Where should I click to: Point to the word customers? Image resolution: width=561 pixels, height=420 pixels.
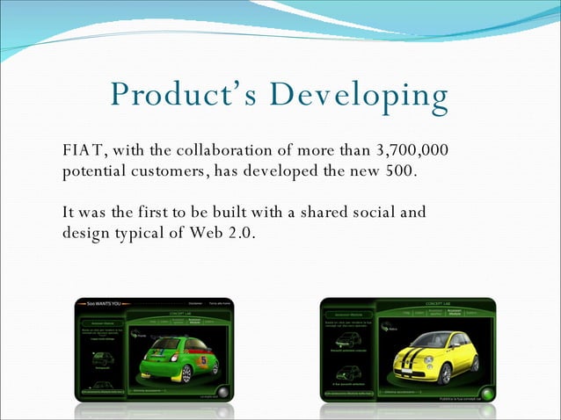pyautogui.click(x=168, y=170)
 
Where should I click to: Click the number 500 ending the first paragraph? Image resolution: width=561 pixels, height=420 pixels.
pyautogui.click(x=399, y=170)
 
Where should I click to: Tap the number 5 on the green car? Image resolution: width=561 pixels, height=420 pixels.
pyautogui.click(x=204, y=359)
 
